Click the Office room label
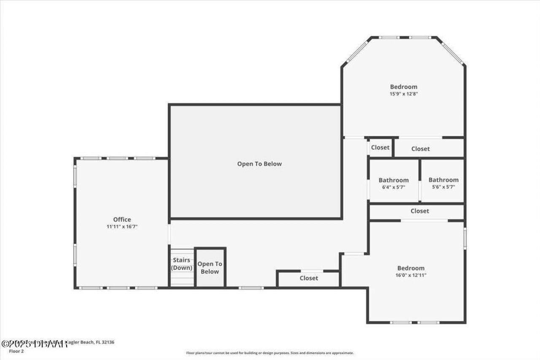tap(122, 219)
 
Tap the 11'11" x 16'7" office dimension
tap(122, 227)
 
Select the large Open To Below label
tap(259, 164)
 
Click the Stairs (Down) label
tap(181, 264)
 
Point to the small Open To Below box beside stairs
tap(210, 268)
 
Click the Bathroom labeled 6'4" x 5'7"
tap(393, 180)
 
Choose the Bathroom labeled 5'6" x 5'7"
tap(443, 180)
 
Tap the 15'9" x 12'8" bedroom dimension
tap(404, 94)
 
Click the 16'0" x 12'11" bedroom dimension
tap(410, 275)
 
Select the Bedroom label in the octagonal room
tap(403, 87)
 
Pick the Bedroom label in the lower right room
tap(410, 268)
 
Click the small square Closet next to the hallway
tap(380, 148)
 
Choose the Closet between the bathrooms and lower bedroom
tap(419, 211)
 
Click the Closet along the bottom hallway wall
tap(309, 278)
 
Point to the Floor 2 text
tap(17, 351)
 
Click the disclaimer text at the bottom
tap(270, 353)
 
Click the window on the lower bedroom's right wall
tap(465, 239)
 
